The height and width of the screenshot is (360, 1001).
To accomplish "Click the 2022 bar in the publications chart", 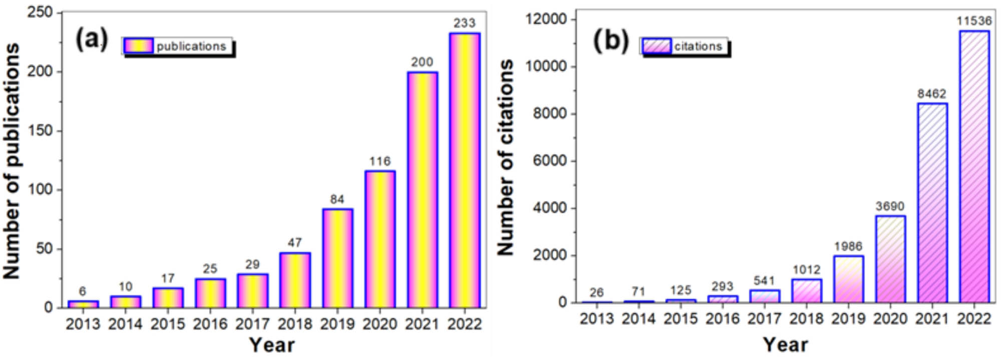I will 464,170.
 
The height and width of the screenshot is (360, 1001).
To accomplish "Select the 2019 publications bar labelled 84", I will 337,258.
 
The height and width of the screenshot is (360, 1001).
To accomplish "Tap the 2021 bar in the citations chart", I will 932,203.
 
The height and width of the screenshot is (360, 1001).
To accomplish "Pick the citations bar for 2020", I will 890,259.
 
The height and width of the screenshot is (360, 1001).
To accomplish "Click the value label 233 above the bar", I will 464,23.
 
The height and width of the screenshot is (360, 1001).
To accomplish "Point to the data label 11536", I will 974,21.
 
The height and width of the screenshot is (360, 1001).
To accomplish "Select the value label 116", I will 380,161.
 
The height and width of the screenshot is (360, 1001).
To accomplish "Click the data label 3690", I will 890,206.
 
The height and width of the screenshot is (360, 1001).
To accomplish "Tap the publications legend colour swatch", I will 139,46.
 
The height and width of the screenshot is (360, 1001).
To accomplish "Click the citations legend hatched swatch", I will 656,46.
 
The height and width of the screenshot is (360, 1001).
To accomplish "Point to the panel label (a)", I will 91,39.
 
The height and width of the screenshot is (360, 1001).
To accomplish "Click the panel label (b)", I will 611,40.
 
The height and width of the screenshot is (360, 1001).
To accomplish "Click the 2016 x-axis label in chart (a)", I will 210,324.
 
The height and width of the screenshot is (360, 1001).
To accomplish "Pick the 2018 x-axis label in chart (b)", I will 806,318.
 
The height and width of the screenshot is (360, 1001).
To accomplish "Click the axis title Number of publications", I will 12,160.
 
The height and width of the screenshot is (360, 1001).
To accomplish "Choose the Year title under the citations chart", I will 785,345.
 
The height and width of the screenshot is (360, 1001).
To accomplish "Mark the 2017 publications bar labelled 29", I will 253,291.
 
